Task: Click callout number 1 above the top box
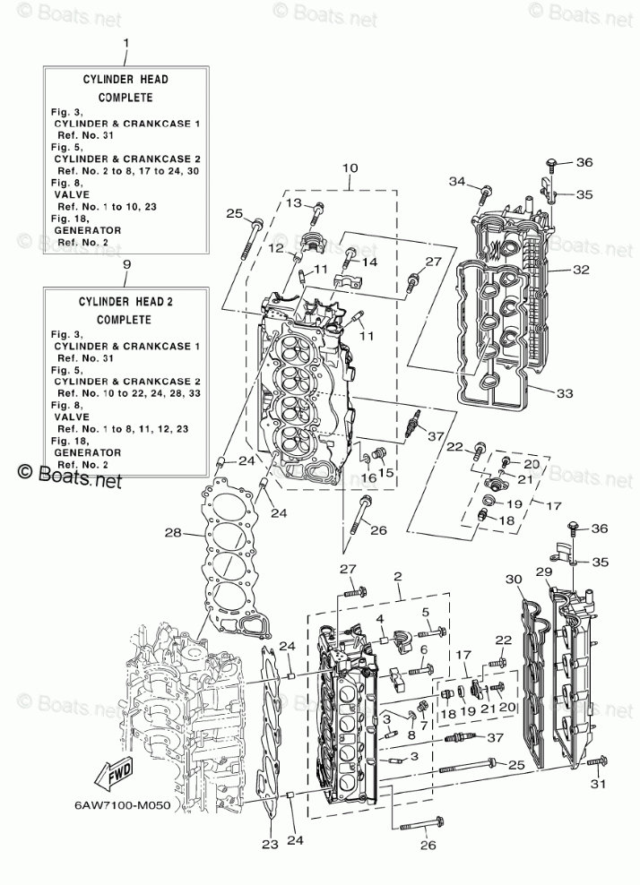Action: [x=125, y=42]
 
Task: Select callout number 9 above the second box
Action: [x=125, y=265]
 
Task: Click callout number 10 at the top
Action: [x=350, y=168]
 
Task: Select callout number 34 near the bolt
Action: [x=458, y=182]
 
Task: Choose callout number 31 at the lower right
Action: [x=596, y=786]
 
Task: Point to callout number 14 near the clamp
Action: [x=368, y=262]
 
